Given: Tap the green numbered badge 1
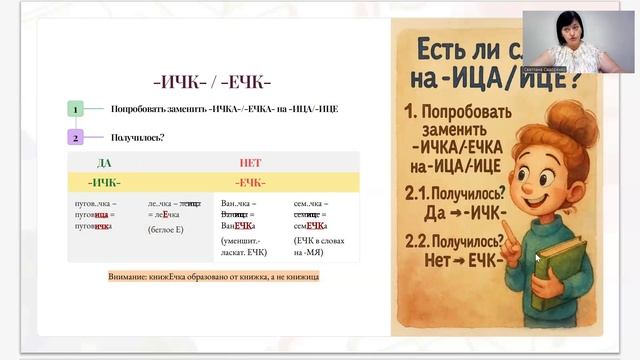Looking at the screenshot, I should point(75,108).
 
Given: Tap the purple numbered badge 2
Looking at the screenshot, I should point(75,138).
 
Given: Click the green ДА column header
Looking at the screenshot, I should point(104,162).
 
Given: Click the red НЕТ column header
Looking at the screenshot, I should point(250,162).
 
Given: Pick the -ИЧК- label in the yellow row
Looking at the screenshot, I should point(104,182).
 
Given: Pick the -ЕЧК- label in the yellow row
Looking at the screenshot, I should point(250,182).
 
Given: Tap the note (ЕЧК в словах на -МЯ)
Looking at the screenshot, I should point(319,246).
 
